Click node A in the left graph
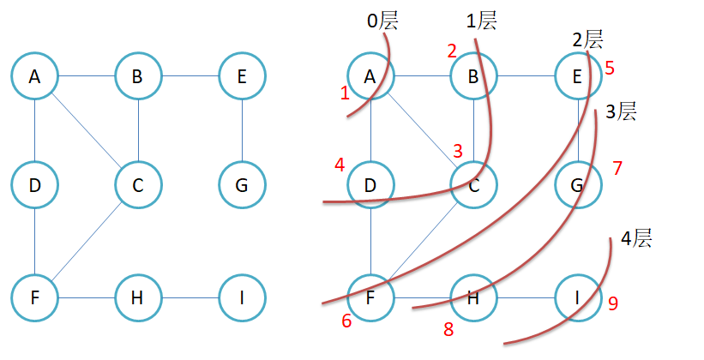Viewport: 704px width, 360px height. [34, 76]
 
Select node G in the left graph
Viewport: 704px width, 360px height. [242, 185]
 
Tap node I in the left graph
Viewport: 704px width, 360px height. [242, 297]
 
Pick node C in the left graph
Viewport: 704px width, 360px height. [138, 185]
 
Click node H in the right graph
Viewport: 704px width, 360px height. [474, 297]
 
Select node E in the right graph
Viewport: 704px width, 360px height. [578, 76]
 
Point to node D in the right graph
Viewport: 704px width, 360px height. [370, 185]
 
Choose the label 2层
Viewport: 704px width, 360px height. [587, 39]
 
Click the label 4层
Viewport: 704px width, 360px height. [635, 238]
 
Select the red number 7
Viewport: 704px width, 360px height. [617, 168]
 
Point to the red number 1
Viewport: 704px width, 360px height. [345, 93]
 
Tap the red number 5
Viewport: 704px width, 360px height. [609, 68]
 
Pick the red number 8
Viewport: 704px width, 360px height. [448, 328]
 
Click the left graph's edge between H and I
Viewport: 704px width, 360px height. [190, 297]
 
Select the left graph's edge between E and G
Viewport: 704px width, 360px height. [242, 130]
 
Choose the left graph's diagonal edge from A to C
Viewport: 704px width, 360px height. [86, 130]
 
